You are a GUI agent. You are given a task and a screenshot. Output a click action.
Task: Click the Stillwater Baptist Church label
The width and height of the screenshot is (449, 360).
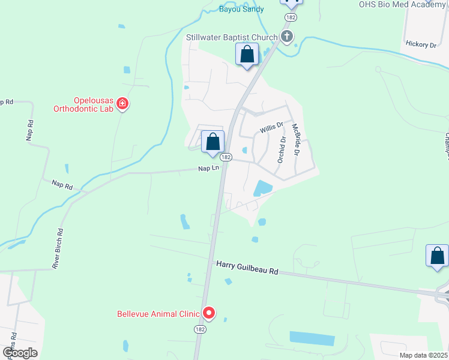[x=231, y=37]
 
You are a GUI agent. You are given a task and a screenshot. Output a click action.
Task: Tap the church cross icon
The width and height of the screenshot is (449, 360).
[x=287, y=37]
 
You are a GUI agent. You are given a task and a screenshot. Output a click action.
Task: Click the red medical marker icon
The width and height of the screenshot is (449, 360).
[x=122, y=104]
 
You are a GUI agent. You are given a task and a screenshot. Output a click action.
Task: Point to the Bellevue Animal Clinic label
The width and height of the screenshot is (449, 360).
[x=158, y=313]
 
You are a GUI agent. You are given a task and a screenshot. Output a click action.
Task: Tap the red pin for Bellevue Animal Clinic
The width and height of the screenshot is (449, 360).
[x=209, y=313]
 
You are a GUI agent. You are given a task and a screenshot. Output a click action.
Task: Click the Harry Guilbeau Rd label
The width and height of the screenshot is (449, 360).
[x=247, y=268]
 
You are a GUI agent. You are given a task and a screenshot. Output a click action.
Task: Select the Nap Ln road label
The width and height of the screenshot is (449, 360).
[x=208, y=169]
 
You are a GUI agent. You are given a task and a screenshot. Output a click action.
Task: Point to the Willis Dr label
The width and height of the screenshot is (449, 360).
[x=271, y=128]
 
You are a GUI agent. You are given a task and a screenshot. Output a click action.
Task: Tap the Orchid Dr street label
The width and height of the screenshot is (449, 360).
[x=281, y=148]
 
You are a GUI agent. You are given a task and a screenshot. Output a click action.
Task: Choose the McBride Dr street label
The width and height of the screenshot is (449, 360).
[x=295, y=140]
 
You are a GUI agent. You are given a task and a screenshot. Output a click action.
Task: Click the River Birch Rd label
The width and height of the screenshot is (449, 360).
[x=58, y=248]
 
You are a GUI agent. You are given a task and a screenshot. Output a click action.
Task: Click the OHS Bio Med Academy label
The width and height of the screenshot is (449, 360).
[x=402, y=4]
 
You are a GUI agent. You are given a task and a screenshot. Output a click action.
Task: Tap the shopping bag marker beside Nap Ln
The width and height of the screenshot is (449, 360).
[x=212, y=143]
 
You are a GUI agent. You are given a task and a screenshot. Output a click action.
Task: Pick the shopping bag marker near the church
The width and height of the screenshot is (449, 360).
[x=247, y=55]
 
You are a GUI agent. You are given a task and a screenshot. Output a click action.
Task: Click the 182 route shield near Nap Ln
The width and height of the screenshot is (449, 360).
[x=225, y=157]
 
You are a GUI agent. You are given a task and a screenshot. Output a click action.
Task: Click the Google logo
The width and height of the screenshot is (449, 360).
[x=20, y=352]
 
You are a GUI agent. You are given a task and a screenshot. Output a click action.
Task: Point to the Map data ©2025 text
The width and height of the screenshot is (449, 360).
[x=423, y=355]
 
